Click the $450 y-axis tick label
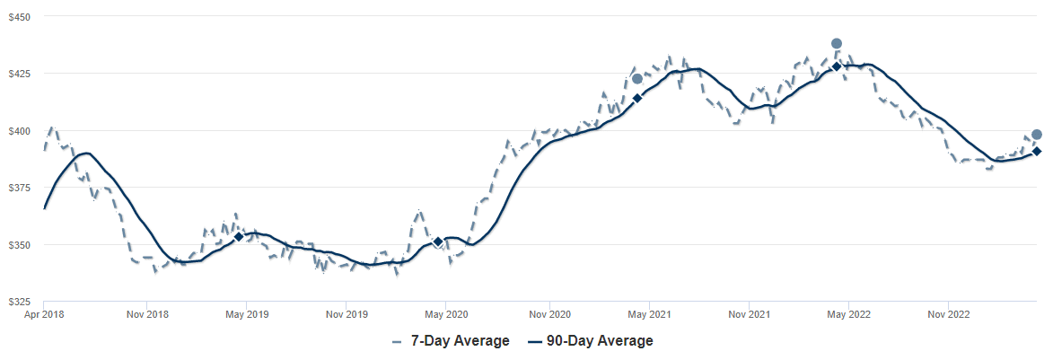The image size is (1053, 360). click(x=19, y=17)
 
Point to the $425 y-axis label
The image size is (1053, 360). click(x=19, y=74)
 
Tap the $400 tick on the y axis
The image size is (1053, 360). click(x=19, y=131)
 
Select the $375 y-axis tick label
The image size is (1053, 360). click(x=19, y=188)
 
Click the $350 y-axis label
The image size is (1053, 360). click(x=19, y=245)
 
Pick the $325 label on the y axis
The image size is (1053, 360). click(x=19, y=302)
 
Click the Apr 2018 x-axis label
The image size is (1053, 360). click(x=44, y=315)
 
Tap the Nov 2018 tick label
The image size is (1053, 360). click(x=147, y=315)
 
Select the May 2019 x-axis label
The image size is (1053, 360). click(x=247, y=315)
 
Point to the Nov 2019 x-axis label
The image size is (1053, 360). click(x=347, y=315)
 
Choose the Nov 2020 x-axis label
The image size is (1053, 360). click(x=549, y=315)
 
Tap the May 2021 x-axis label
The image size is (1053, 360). click(x=649, y=315)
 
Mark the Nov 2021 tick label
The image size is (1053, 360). click(x=750, y=315)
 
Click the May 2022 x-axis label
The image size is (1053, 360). click(x=849, y=315)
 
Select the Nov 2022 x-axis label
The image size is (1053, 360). click(x=949, y=315)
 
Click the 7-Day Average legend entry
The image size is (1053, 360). click(x=451, y=341)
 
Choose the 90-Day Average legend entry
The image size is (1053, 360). click(x=589, y=341)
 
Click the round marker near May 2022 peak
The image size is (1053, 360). click(x=837, y=43)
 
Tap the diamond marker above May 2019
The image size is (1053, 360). click(x=239, y=236)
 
